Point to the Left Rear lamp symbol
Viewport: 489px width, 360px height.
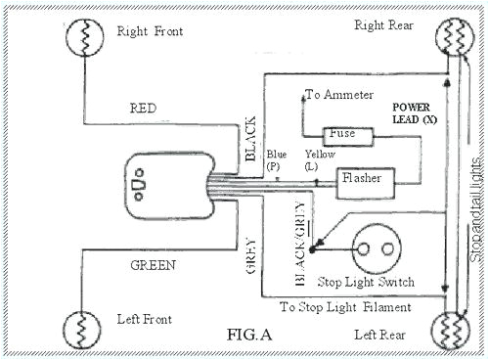pos(453,327)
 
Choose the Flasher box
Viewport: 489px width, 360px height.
pos(365,179)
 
